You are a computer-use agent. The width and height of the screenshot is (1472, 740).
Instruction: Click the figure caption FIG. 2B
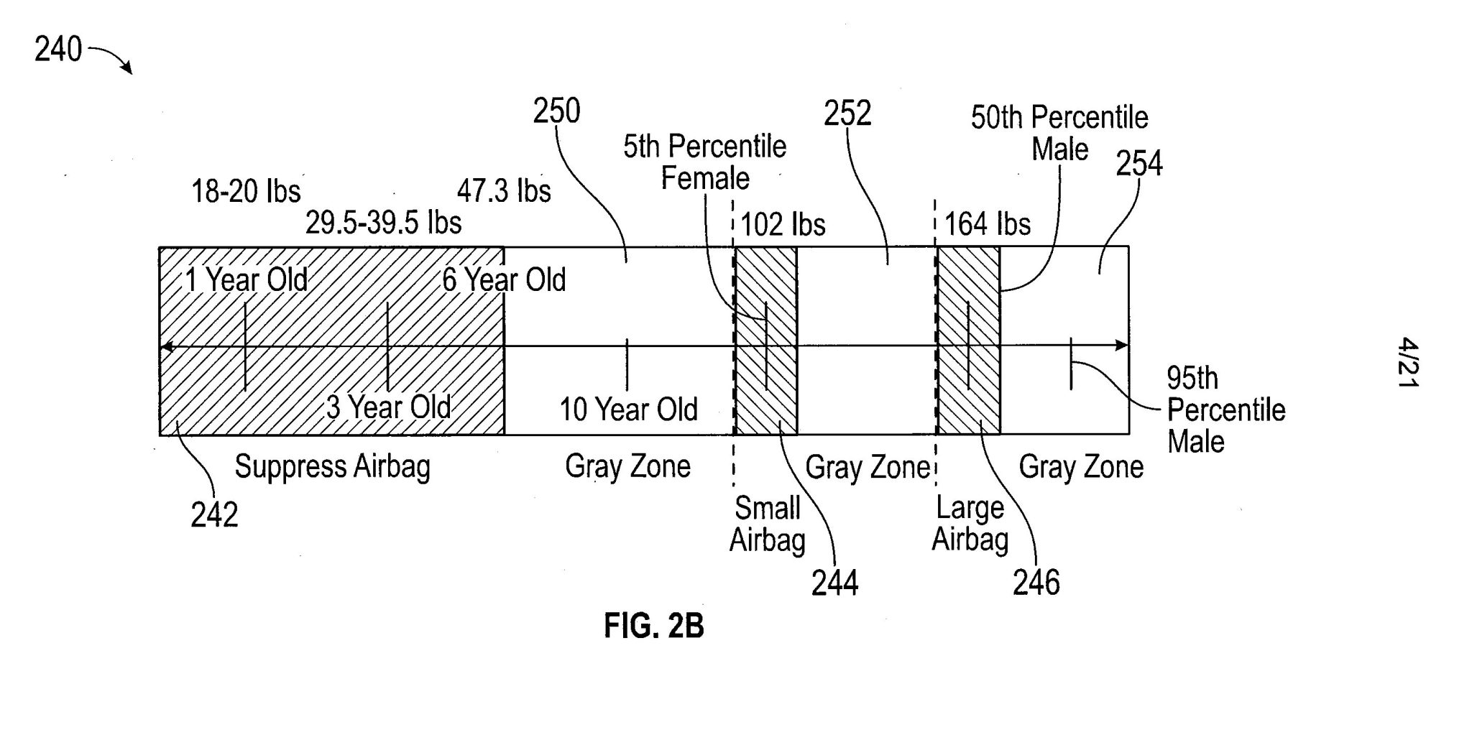pyautogui.click(x=653, y=626)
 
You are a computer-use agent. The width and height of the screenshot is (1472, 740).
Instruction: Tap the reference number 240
pyautogui.click(x=58, y=50)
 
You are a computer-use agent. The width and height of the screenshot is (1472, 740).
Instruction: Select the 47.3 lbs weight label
pyautogui.click(x=504, y=191)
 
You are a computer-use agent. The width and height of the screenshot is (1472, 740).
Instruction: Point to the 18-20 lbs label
pyautogui.click(x=246, y=192)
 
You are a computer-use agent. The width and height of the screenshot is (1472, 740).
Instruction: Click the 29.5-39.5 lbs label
pyautogui.click(x=383, y=223)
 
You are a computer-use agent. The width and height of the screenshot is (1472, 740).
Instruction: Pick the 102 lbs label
pyautogui.click(x=783, y=225)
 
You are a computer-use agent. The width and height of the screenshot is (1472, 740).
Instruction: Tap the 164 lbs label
pyautogui.click(x=987, y=224)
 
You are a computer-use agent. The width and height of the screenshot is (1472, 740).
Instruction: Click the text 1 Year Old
pyautogui.click(x=247, y=279)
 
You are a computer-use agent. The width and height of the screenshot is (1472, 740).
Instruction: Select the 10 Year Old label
pyautogui.click(x=628, y=410)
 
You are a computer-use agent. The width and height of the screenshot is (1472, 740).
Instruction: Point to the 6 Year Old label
pyautogui.click(x=504, y=279)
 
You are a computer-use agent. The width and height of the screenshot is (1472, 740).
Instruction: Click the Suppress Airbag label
pyautogui.click(x=332, y=467)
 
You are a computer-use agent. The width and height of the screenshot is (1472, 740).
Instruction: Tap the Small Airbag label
pyautogui.click(x=767, y=524)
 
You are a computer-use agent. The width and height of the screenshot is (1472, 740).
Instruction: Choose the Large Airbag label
pyautogui.click(x=970, y=524)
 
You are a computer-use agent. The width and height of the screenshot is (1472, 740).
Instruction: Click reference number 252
pyautogui.click(x=847, y=114)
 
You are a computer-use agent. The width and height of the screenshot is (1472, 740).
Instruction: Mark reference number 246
pyautogui.click(x=1036, y=583)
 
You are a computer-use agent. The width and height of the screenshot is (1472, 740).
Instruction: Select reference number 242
pyautogui.click(x=213, y=515)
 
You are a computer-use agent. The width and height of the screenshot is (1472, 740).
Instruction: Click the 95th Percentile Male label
pyautogui.click(x=1225, y=410)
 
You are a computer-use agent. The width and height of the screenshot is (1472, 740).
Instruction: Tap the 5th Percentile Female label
pyautogui.click(x=704, y=162)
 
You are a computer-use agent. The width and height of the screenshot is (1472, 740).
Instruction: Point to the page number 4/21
pyautogui.click(x=1407, y=364)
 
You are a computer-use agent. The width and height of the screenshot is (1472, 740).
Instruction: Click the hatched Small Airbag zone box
pyautogui.click(x=766, y=341)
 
